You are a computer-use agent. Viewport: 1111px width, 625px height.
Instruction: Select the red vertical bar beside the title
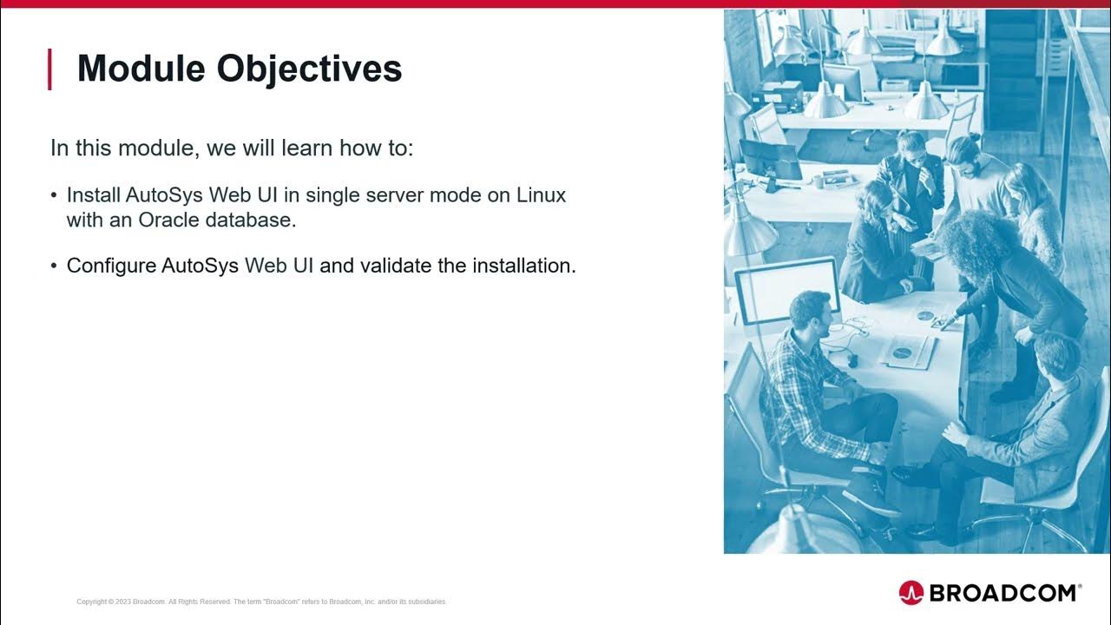point(49,69)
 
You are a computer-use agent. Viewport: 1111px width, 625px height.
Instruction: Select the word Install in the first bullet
point(93,195)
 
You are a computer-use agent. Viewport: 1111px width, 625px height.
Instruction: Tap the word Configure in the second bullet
point(111,266)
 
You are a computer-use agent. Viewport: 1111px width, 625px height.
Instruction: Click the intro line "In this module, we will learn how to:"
point(232,148)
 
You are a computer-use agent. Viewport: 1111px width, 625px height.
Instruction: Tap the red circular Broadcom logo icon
point(910,593)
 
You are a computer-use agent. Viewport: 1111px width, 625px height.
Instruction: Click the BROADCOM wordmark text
point(1003,593)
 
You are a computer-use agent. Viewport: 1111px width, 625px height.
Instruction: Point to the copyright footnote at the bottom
point(260,602)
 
